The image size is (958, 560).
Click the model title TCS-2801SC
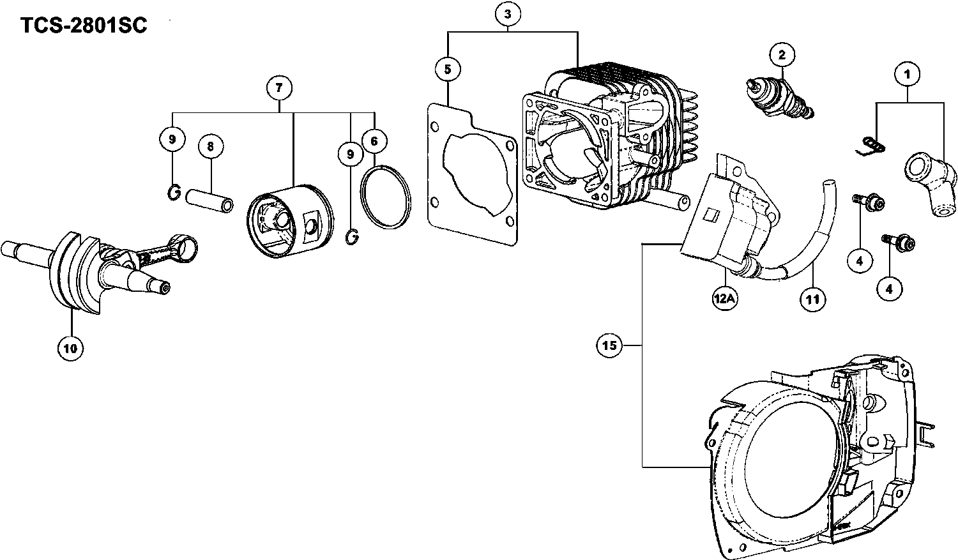pos(84,26)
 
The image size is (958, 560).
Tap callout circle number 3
pos(507,13)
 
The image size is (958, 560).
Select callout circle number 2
pos(781,55)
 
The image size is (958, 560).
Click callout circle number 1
pos(906,75)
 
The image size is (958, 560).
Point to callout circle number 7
pos(279,87)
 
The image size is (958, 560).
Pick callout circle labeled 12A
pos(726,298)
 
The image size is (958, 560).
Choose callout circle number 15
pos(610,345)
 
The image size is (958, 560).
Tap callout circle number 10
pos(70,348)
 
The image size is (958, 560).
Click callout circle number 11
pos(812,298)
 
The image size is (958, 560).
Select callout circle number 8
pos(211,146)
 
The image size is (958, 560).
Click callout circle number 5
pos(448,68)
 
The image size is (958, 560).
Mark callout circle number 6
pos(374,139)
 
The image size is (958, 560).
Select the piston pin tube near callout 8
pos(209,197)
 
